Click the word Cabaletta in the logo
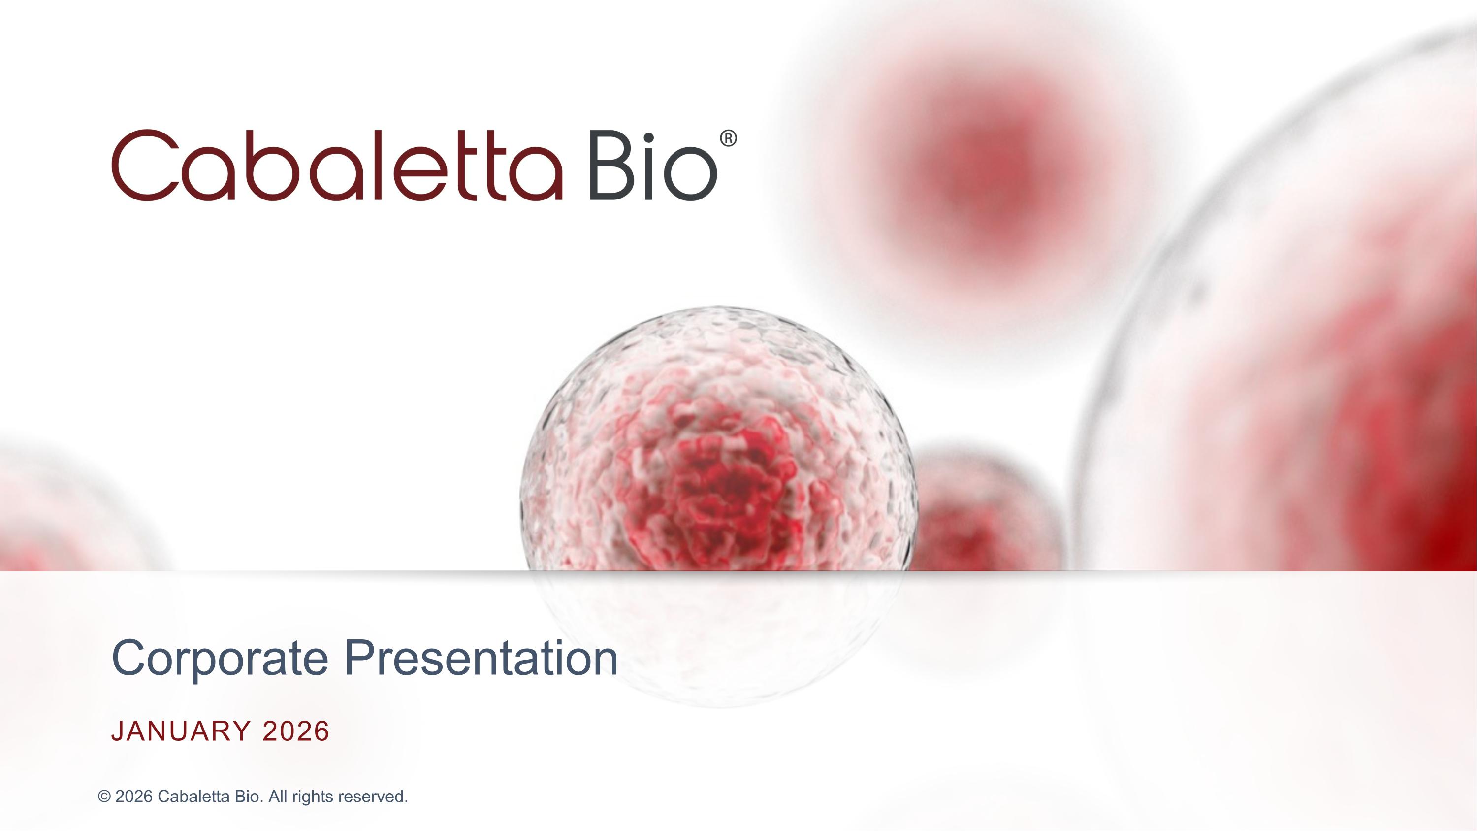[337, 166]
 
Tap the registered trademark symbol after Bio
[728, 139]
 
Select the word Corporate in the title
[220, 659]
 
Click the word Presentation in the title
[481, 659]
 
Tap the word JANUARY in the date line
[181, 731]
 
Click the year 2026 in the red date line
[296, 731]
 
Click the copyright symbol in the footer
[104, 797]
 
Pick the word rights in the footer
[313, 797]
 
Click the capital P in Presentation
[359, 659]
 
